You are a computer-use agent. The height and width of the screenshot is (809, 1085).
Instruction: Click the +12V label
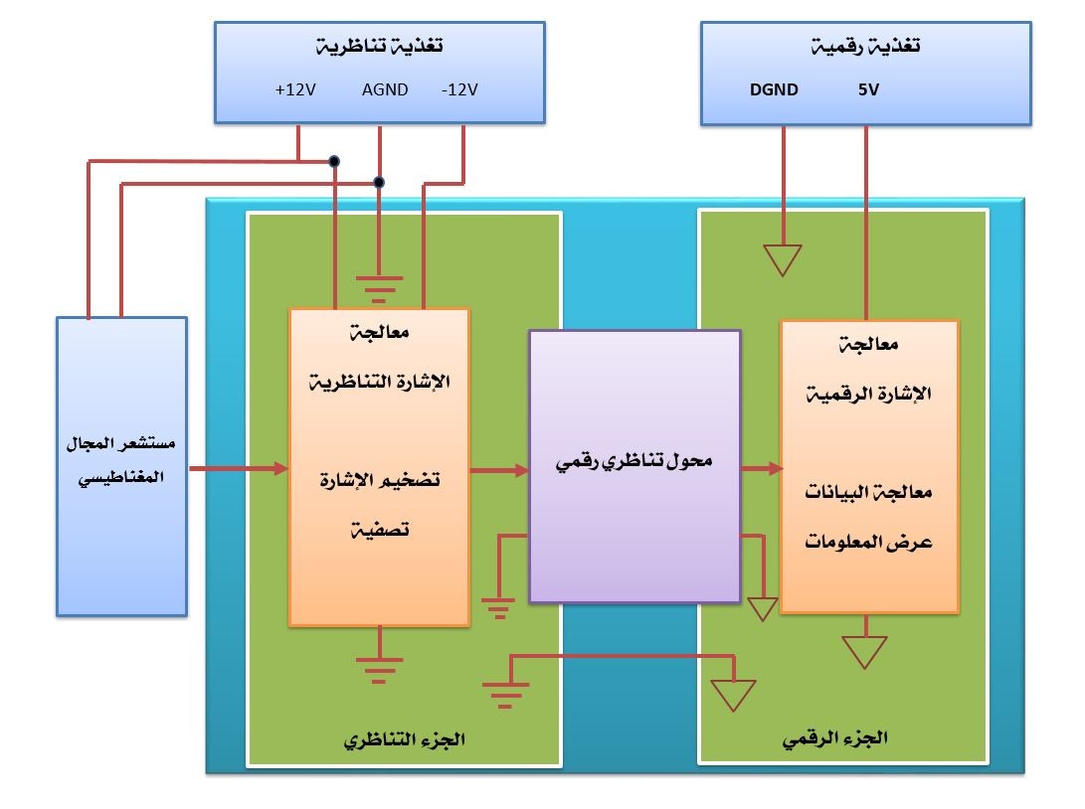(295, 90)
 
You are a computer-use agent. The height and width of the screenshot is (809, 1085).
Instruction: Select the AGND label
(385, 90)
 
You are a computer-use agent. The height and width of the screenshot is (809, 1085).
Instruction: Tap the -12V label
(459, 90)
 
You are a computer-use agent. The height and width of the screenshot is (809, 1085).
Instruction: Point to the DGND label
(774, 90)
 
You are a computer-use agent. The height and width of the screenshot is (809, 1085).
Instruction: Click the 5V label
(868, 90)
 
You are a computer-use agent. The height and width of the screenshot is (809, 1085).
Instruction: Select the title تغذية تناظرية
(380, 47)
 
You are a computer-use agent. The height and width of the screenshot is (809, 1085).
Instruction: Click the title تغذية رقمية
(866, 47)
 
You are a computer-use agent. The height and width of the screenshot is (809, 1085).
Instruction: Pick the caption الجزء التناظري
(405, 740)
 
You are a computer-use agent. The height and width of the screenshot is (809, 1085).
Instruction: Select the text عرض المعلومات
(870, 543)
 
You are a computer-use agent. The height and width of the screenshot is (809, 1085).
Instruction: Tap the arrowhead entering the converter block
(521, 470)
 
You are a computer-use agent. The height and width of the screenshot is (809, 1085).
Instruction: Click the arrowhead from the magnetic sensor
(280, 468)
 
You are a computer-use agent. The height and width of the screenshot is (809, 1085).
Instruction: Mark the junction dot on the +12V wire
(335, 160)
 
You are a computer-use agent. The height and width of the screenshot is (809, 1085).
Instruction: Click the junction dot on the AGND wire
(378, 182)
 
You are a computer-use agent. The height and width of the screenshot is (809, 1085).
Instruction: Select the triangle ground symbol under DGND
(783, 260)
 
